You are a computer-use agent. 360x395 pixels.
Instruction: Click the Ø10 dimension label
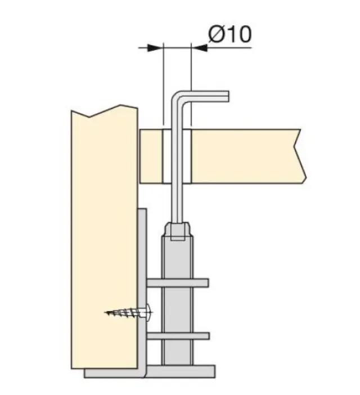tap(229, 34)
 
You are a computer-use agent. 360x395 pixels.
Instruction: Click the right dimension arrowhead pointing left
tap(199, 48)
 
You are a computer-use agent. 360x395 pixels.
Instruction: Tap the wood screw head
tap(149, 313)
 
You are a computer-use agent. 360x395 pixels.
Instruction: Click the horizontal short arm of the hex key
tap(206, 96)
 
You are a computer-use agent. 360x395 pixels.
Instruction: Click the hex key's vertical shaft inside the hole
tap(178, 156)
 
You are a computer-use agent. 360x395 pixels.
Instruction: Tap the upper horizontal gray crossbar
tap(178, 283)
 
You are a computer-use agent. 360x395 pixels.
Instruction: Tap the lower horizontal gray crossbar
tap(178, 336)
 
